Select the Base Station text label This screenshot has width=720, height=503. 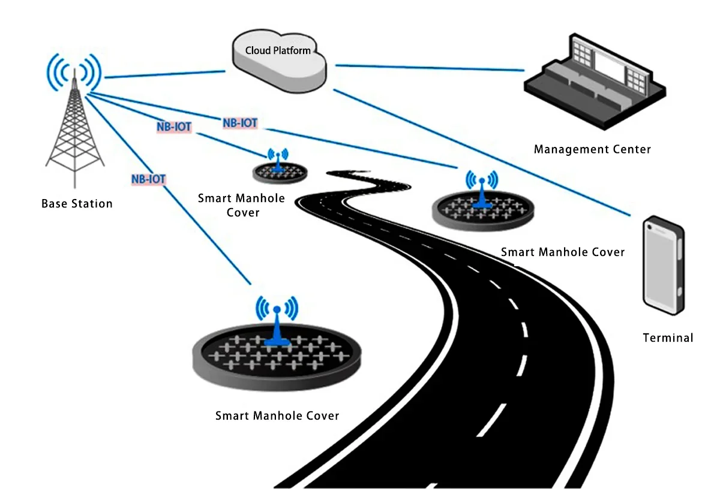(x=77, y=204)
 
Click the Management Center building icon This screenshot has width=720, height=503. (x=594, y=84)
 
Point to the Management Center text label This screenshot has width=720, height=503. (x=592, y=149)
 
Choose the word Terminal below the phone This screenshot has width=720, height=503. (x=668, y=338)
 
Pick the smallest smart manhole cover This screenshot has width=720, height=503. (x=280, y=173)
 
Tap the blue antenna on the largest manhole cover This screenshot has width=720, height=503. (x=277, y=324)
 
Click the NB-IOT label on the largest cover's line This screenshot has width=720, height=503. (x=148, y=179)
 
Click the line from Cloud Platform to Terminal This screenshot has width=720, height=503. (x=480, y=150)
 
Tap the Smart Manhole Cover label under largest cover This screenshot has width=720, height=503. (x=277, y=416)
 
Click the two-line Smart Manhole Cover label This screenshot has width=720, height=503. (x=241, y=205)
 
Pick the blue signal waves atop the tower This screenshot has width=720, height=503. (x=73, y=71)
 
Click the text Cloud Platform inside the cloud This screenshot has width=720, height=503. (x=278, y=50)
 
